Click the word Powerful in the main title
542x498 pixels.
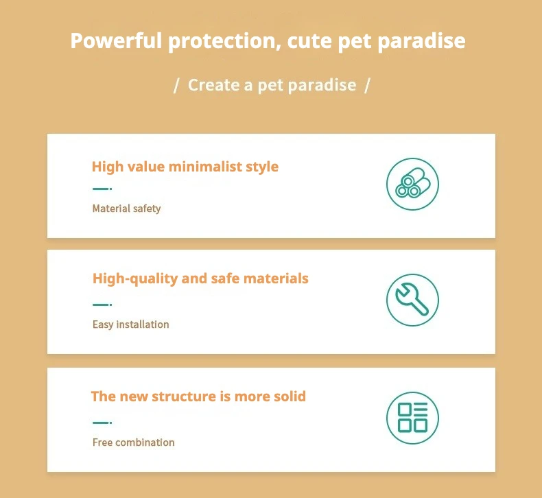pos(116,40)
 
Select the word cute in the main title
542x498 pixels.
pos(309,41)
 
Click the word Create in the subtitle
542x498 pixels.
pos(213,85)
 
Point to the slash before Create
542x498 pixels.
pos(176,85)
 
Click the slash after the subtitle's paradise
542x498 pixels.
pos(367,85)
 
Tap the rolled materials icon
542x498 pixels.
pos(413,185)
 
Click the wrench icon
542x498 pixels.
pos(413,300)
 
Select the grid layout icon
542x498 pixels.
pos(413,418)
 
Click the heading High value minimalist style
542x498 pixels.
pos(185,167)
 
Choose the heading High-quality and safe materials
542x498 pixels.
pos(200,279)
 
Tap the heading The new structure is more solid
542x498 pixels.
pos(198,396)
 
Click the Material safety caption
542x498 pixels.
pos(126,209)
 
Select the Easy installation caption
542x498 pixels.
pos(130,324)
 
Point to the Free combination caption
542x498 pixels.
pos(133,442)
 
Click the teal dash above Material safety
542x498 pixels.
pos(102,189)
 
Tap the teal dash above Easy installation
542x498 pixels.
pos(102,305)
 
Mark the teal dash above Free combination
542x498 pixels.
pos(102,423)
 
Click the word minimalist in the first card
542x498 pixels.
pos(205,167)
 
